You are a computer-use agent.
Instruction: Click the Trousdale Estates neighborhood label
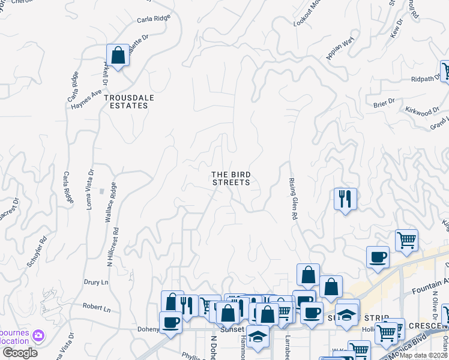click(x=126, y=101)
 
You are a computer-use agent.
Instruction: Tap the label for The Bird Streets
click(x=231, y=178)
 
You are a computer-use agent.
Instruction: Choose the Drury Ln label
click(x=96, y=281)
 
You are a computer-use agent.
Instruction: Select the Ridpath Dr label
click(x=426, y=79)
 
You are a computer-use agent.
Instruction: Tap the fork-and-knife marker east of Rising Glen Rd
click(x=345, y=198)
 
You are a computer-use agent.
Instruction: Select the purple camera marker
click(x=38, y=335)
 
